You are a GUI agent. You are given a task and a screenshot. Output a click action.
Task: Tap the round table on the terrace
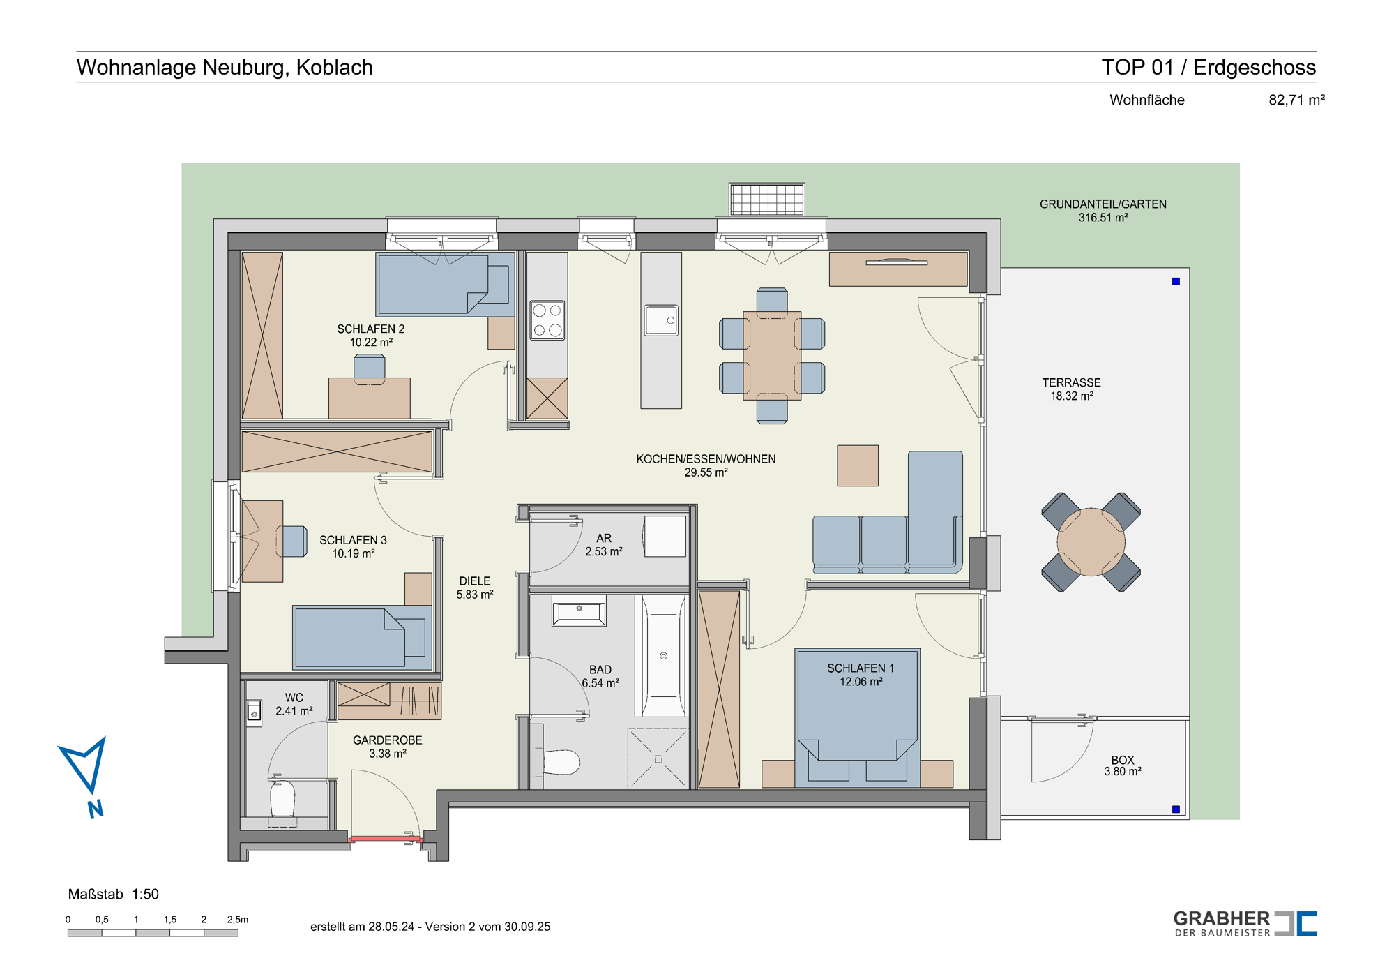tap(1091, 542)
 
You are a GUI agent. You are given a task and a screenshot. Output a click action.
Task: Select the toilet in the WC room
tap(282, 799)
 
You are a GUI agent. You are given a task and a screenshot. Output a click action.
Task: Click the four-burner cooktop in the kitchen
tap(547, 320)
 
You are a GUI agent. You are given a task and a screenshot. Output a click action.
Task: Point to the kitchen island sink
tap(661, 320)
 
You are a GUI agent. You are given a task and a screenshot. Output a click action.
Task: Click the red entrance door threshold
tap(385, 839)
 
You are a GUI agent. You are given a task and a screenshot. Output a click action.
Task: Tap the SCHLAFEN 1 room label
tap(861, 675)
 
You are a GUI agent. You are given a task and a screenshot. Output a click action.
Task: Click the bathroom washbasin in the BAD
tap(579, 613)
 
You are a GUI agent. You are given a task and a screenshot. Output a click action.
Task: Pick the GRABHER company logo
tap(1245, 923)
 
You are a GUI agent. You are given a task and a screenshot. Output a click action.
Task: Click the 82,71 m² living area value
tap(1296, 100)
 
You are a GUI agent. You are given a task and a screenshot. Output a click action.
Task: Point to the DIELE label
tap(475, 588)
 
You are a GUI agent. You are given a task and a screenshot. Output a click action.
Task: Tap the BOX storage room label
tap(1123, 765)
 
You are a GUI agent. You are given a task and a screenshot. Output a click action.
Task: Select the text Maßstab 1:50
tap(114, 894)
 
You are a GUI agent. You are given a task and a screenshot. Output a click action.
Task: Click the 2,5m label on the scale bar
tap(238, 919)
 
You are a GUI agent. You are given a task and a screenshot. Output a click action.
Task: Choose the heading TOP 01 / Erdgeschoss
tap(1209, 67)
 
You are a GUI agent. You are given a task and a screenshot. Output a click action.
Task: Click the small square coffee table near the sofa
tap(858, 465)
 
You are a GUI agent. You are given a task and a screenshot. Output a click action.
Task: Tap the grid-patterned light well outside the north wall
tap(767, 200)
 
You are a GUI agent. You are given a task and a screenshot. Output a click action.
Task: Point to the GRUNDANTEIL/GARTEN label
tap(1103, 211)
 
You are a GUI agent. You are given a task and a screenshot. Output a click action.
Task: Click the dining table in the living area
tap(772, 356)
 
